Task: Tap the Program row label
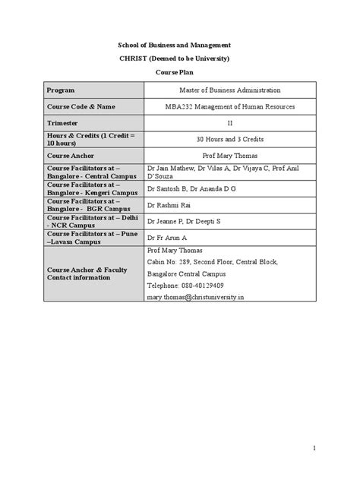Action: [x=62, y=90]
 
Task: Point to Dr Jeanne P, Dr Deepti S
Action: [x=184, y=222]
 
